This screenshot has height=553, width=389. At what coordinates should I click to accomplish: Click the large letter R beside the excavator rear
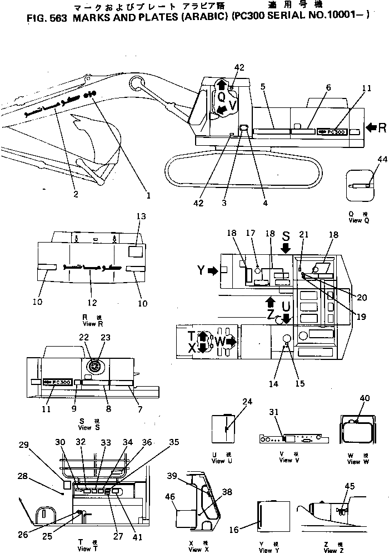coord(382,129)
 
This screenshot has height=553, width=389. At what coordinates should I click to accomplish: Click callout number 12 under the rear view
coord(92,303)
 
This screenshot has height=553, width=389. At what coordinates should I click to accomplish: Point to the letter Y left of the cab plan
coord(201,271)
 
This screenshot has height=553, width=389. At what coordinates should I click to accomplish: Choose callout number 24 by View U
coord(247,401)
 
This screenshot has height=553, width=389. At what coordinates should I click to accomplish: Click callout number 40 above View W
coord(365,398)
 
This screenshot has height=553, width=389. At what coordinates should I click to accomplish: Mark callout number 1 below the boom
coord(148,195)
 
